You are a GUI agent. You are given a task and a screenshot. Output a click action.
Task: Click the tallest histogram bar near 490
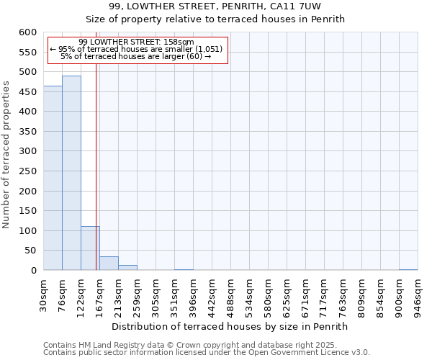(x=71, y=173)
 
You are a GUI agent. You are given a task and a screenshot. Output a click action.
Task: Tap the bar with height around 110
(x=90, y=248)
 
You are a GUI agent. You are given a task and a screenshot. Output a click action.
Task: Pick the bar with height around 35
(x=109, y=264)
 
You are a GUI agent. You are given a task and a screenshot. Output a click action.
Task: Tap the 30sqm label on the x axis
(x=44, y=295)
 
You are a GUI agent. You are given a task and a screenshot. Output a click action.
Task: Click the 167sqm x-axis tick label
(x=100, y=295)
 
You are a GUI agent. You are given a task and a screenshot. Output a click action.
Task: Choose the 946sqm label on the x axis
(x=418, y=295)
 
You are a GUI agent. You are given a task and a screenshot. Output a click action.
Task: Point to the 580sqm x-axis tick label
(x=269, y=295)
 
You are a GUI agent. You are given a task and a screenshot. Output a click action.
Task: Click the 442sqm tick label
(x=212, y=295)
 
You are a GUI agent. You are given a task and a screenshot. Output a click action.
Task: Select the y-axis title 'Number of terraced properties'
(x=6, y=155)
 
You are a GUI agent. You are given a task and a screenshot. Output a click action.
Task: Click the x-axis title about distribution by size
(x=230, y=326)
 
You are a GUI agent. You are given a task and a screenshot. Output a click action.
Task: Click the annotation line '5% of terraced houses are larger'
(x=136, y=56)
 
